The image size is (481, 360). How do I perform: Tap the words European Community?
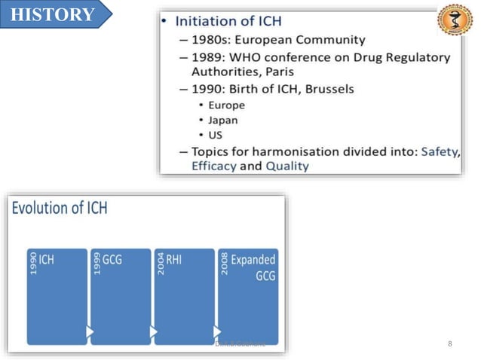point(308,39)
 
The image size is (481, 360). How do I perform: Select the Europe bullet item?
point(226,105)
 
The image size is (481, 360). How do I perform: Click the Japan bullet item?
point(223,120)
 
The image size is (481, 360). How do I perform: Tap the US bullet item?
point(216,135)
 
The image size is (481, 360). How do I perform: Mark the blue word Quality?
point(286,166)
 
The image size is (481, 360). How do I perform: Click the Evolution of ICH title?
point(60,208)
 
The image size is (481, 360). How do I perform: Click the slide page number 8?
point(450,343)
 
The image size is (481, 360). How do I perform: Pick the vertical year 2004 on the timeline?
point(161,263)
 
